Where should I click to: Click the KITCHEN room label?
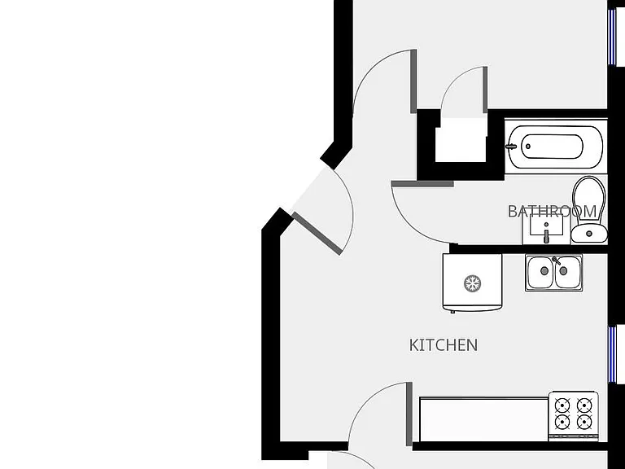[x=444, y=345]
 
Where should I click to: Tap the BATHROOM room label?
[x=552, y=212]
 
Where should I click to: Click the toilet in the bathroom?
[x=589, y=209]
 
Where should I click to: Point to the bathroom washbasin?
[x=546, y=228]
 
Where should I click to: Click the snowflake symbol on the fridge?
[x=472, y=283]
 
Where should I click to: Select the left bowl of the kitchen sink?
[x=540, y=272]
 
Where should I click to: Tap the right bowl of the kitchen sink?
[x=567, y=272]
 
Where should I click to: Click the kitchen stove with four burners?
[x=573, y=416]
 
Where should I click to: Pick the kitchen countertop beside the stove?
[x=484, y=419]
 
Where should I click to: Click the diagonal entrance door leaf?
[x=317, y=234]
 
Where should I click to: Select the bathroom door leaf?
[x=422, y=184]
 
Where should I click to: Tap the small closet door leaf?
[x=485, y=90]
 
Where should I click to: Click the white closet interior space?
[x=461, y=139]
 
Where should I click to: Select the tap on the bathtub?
[x=511, y=147]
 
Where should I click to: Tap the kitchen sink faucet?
[x=557, y=261]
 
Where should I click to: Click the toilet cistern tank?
[x=589, y=234]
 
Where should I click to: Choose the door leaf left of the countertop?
[x=409, y=414]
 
